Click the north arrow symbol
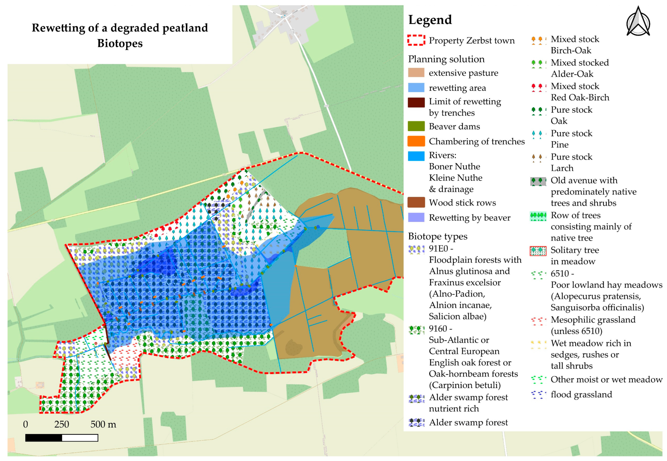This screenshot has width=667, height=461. pos(638,22)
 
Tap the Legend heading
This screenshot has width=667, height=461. pos(430,20)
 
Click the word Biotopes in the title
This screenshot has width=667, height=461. pos(120,43)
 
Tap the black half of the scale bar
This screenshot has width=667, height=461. pos(44,438)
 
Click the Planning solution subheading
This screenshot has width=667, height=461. pos(446,59)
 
